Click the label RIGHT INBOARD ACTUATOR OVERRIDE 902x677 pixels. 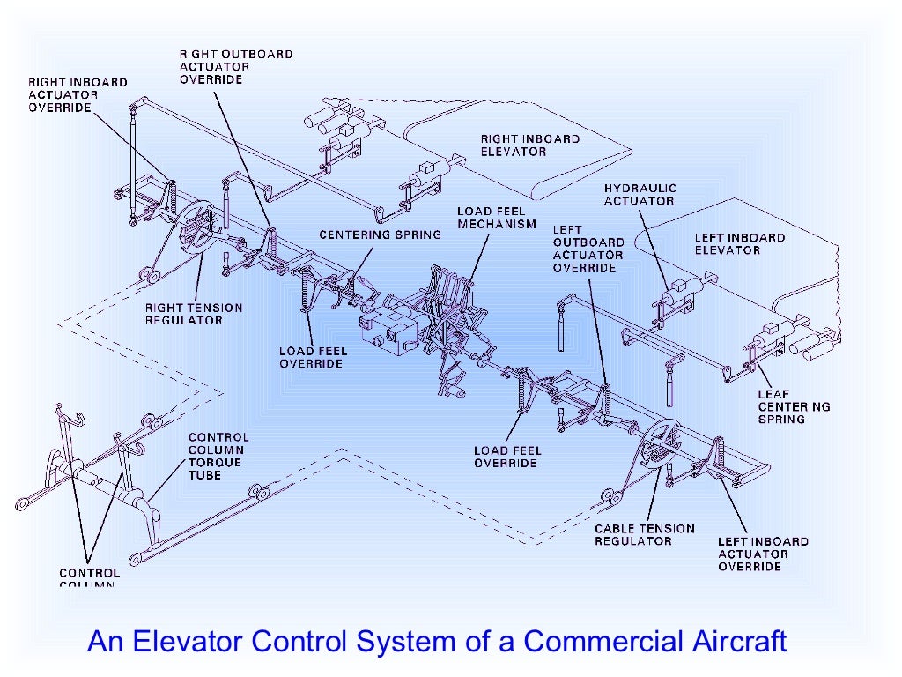78,94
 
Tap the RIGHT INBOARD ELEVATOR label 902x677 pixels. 529,145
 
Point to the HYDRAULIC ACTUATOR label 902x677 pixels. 639,194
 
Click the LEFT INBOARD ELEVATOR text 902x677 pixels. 739,243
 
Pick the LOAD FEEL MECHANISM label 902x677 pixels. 496,218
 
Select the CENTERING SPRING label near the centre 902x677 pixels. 366,234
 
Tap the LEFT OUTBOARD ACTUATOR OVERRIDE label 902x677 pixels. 588,248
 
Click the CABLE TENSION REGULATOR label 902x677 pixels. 644,534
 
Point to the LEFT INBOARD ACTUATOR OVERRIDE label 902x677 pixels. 762,554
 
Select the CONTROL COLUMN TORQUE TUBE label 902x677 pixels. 218,456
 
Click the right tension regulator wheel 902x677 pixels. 195,229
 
